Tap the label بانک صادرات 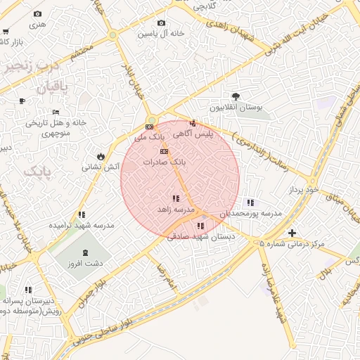165,162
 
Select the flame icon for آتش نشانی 101,156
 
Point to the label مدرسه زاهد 174,210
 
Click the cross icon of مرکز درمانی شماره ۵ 292,233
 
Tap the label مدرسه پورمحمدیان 251,212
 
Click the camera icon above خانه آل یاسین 161,23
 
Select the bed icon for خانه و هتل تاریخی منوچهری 56,112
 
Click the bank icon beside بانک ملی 148,127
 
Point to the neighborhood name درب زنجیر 31,67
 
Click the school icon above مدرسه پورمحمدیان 251,202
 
